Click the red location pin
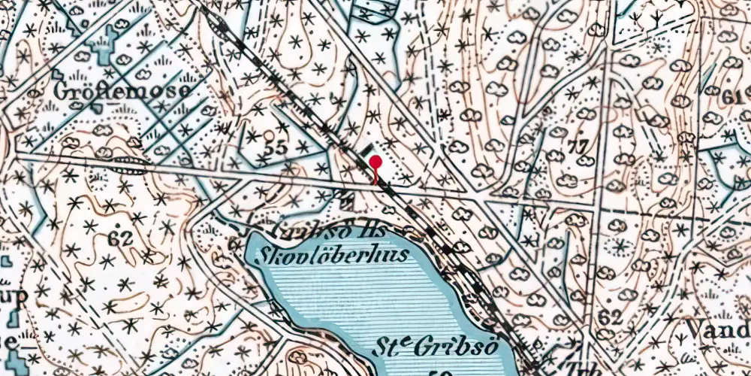tap(374, 163)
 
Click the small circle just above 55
tap(269, 135)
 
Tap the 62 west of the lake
tap(120, 239)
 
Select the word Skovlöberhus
tap(333, 254)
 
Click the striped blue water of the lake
tap(360, 301)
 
